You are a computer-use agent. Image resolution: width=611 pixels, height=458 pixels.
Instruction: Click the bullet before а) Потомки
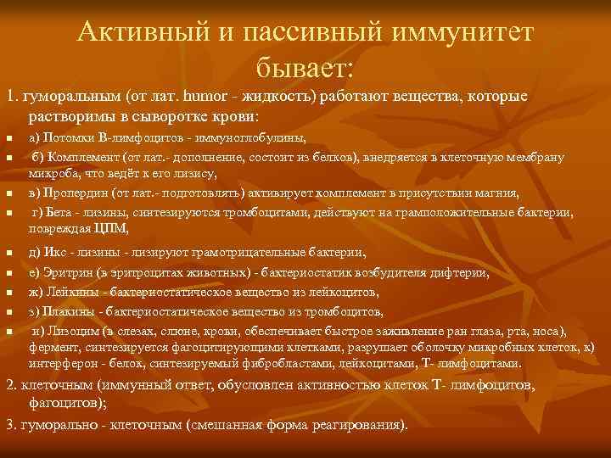pos(8,138)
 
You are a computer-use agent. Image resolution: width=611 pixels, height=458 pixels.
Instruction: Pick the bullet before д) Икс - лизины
pos(8,254)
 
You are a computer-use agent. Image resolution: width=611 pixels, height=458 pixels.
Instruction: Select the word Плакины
pos(65,311)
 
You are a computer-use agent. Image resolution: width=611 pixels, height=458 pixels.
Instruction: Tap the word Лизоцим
pos(69,331)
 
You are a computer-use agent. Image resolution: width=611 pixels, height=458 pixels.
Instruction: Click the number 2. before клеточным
pos(11,386)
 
